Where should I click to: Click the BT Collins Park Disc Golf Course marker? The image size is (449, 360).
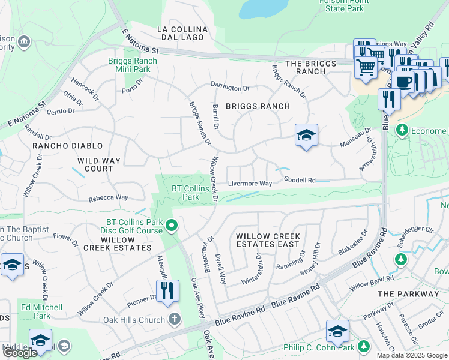click(172, 226)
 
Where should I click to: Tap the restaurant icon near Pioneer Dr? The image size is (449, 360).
click(167, 291)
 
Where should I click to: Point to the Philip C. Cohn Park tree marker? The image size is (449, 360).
click(363, 346)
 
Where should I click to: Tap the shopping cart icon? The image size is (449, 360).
click(366, 67)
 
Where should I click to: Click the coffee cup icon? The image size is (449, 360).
click(405, 81)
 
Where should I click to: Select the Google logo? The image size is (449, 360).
click(20, 352)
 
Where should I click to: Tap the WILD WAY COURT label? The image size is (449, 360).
click(99, 165)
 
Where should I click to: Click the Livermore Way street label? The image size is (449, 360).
click(249, 184)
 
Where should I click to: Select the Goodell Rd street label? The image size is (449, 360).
click(300, 180)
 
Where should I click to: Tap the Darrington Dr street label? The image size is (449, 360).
click(230, 88)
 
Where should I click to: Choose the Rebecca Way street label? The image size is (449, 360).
click(109, 197)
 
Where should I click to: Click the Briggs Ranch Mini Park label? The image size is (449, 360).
click(133, 65)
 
